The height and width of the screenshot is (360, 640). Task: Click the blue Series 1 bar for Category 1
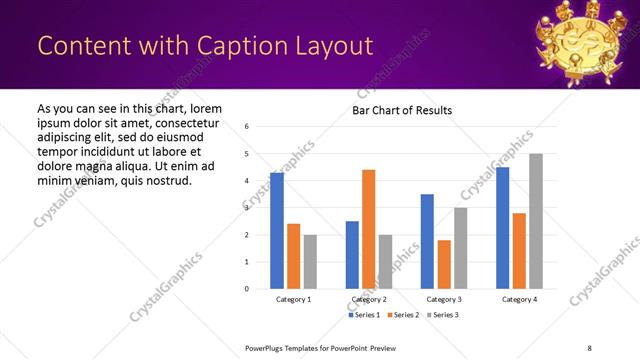[277, 231]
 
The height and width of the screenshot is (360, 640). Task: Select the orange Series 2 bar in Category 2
[368, 229]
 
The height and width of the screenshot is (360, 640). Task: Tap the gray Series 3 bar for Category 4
[535, 221]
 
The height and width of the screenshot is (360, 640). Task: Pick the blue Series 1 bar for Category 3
[427, 241]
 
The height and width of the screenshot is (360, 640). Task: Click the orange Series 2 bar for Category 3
[444, 264]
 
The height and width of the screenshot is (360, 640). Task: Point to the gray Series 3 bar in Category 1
[310, 261]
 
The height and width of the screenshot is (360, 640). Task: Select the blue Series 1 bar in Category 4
[502, 227]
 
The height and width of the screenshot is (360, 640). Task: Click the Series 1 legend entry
[363, 316]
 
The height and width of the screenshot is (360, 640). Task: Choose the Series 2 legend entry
[402, 316]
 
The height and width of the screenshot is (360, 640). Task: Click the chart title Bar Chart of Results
[402, 110]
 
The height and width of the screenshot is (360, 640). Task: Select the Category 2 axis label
[368, 300]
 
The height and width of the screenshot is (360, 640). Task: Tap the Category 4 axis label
[519, 300]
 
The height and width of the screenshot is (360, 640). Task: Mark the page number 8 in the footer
[589, 347]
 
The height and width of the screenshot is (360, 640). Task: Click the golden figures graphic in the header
[582, 40]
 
